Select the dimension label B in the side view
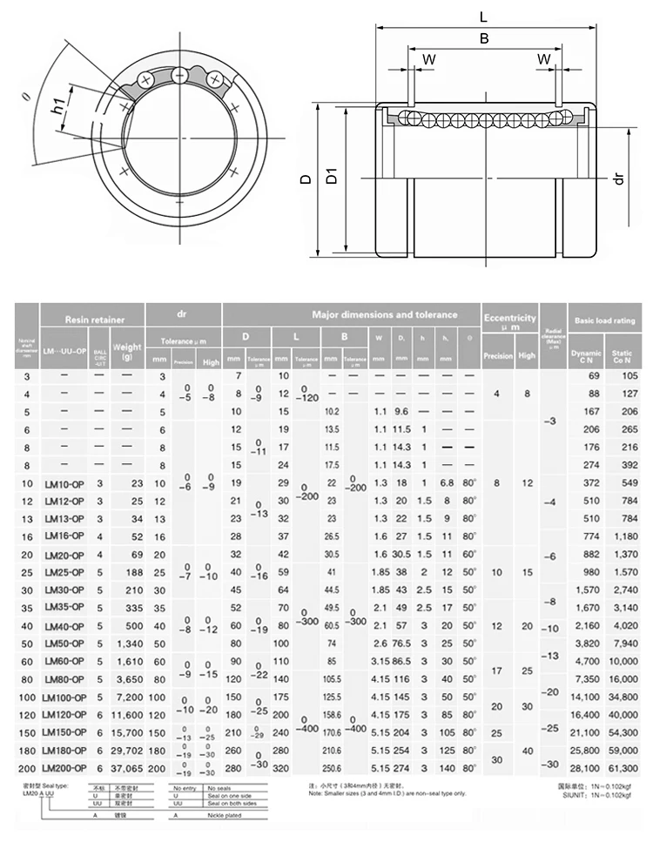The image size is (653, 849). coord(484,38)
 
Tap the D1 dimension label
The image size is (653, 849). coord(332,179)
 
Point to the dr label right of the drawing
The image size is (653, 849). coord(619,179)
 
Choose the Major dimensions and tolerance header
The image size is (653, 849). coord(384,314)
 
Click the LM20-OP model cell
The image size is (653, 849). coord(64,555)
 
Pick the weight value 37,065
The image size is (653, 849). coord(127,767)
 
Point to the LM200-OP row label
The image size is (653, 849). coord(66,767)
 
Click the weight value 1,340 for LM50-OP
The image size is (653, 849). coord(127,644)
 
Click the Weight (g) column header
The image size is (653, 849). coord(127,351)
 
